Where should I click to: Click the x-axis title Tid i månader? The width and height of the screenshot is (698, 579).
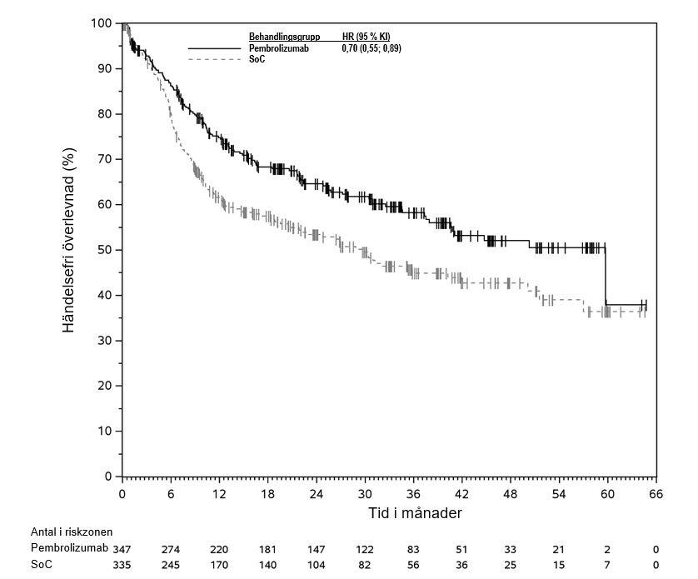pos(415,513)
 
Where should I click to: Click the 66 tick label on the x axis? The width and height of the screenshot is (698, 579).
pos(656,493)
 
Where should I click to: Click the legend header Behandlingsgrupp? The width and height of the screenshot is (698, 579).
pos(285,37)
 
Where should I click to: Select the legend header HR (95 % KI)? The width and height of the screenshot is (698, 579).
pos(366,37)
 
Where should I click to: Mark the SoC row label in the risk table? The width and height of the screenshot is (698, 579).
pos(40,565)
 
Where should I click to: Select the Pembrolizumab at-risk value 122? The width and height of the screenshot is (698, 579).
pos(365,549)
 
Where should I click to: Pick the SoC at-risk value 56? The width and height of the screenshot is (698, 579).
pos(413,566)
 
